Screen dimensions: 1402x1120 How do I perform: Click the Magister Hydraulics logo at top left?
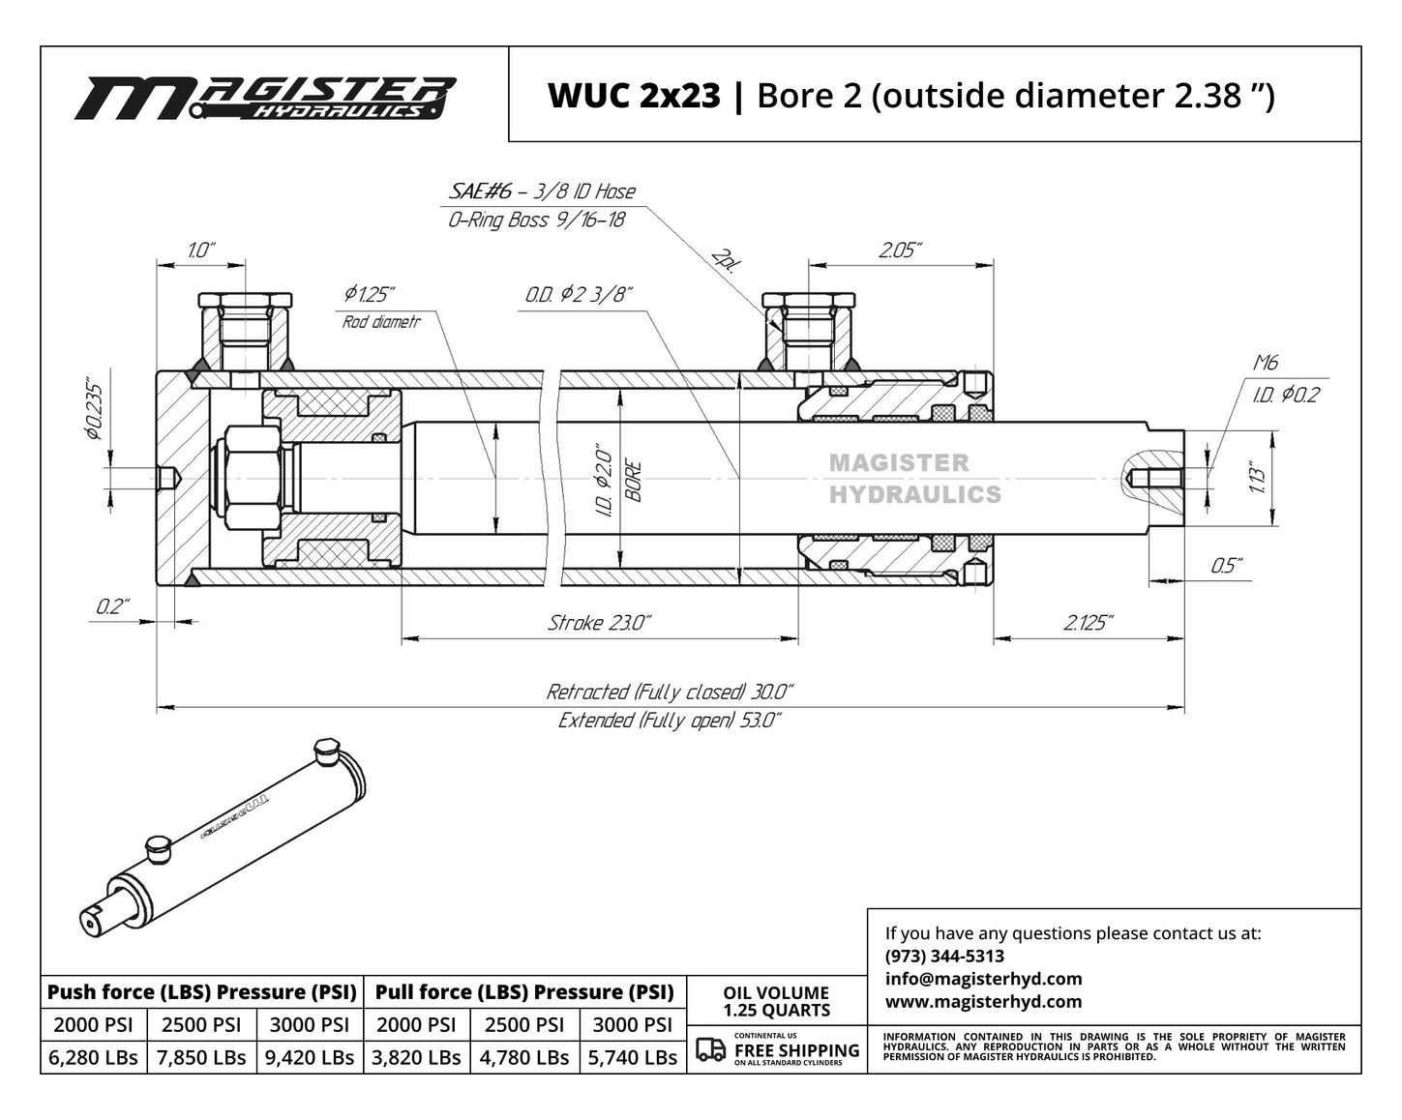(265, 98)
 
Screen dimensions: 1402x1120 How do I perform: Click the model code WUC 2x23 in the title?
(635, 96)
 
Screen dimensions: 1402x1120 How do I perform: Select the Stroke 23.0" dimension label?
(599, 623)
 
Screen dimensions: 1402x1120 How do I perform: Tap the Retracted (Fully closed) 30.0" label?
(670, 692)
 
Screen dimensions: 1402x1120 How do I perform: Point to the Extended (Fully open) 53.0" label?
(670, 721)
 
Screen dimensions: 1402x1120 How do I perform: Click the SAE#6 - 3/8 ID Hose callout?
(542, 192)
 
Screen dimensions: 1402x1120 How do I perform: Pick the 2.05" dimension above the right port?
(901, 251)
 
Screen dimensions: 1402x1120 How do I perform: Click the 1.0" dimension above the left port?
(201, 251)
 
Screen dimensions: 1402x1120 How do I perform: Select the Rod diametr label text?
(382, 322)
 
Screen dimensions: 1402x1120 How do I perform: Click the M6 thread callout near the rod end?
(1266, 363)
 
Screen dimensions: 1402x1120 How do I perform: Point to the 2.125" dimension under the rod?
(1088, 623)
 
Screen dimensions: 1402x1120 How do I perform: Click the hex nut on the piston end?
(253, 479)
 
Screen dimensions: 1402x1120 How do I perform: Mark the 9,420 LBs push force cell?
(310, 1057)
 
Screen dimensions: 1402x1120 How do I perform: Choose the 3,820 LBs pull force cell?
(416, 1057)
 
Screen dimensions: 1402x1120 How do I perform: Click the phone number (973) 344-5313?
(944, 956)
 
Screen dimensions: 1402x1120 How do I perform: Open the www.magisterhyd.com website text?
(983, 1001)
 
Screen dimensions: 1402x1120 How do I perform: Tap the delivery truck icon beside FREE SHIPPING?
(710, 1049)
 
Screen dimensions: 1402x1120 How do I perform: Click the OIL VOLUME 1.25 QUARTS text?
(776, 1001)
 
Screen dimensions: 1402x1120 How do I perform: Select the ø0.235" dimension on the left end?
(95, 411)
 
